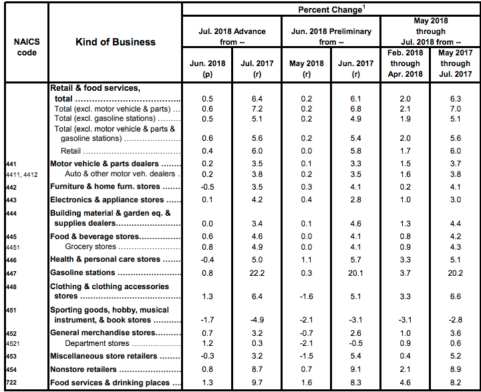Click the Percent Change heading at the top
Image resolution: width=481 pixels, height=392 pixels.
point(330,10)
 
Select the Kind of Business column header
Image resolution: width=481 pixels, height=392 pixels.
point(116,42)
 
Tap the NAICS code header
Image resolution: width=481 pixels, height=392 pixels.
point(25,47)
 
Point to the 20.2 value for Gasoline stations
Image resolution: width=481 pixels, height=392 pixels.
point(454,272)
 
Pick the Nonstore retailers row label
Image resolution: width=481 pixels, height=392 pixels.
point(84,369)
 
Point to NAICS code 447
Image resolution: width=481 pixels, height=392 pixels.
point(11,273)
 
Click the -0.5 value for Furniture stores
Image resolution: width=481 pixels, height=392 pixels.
point(208,187)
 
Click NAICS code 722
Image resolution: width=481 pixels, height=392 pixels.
point(11,383)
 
